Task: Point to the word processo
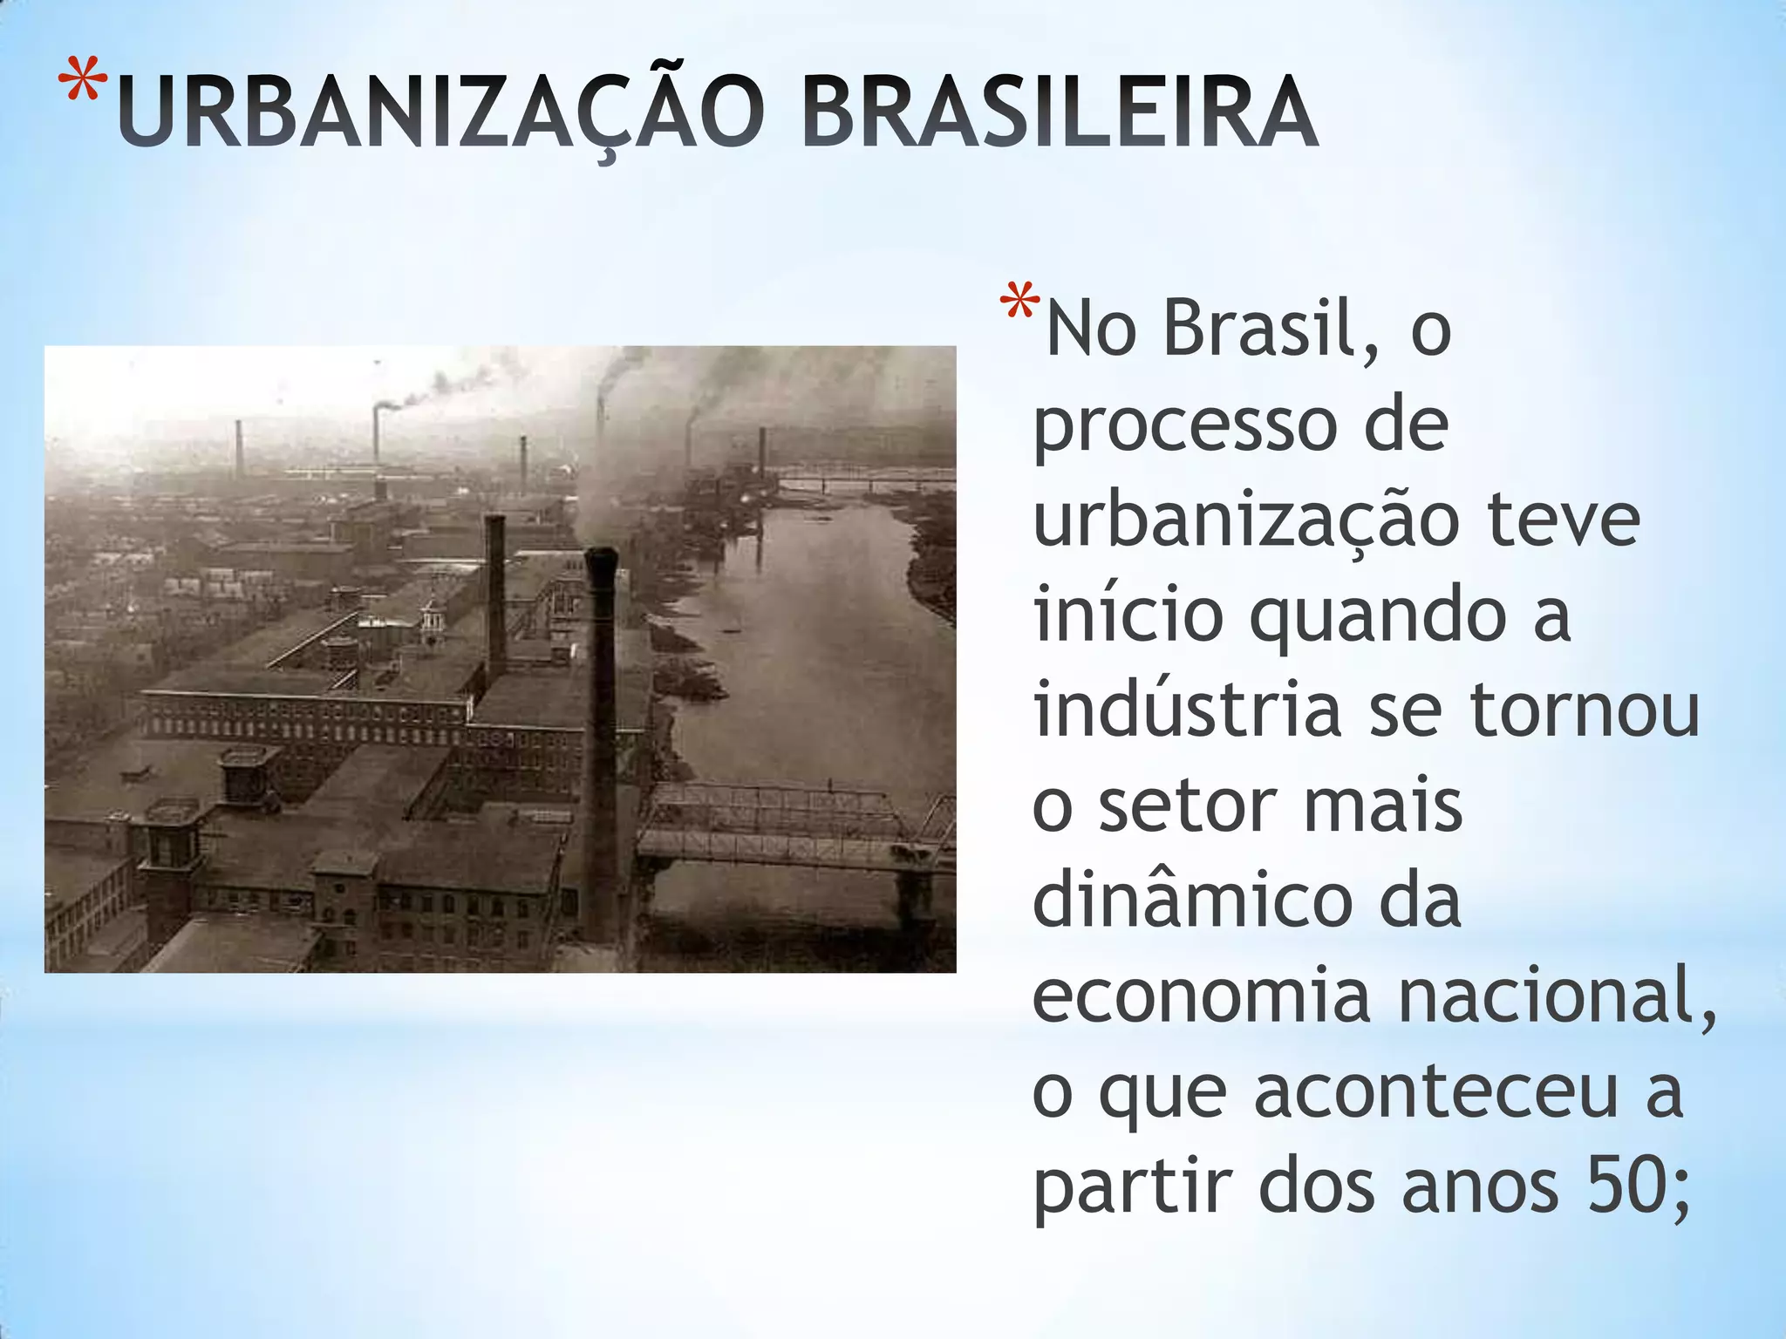pos(1185,427)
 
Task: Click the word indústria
pos(1187,710)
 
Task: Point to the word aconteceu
pos(1435,1091)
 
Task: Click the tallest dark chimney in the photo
pos(602,741)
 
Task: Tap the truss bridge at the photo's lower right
pos(785,824)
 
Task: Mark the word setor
pos(1187,806)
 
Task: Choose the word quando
pos(1378,616)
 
